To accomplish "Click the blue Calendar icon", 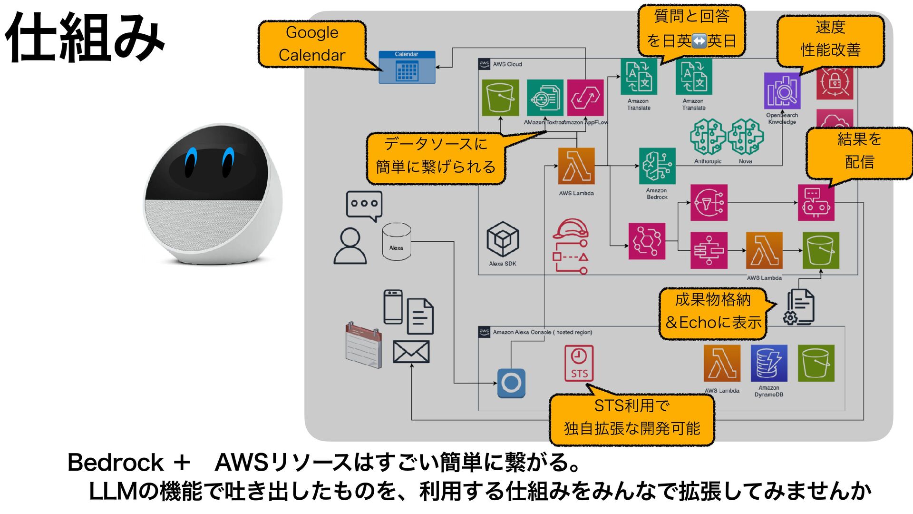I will [407, 68].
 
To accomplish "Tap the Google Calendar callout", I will [312, 44].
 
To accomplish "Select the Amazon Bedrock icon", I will [657, 166].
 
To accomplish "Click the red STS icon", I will [579, 363].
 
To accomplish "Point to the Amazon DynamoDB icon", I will [769, 363].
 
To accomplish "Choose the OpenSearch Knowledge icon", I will [782, 91].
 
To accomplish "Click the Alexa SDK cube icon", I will [503, 239].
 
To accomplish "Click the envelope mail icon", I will [411, 352].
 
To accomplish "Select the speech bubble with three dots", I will [364, 205].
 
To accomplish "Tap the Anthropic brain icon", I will [708, 137].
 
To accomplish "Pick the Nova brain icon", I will [746, 137].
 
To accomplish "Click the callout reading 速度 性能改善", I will [830, 39].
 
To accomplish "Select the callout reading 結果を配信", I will [859, 151].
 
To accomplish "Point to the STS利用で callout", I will [631, 417].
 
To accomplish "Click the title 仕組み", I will [85, 38].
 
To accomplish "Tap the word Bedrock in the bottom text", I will [116, 463].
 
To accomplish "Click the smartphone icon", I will [393, 307].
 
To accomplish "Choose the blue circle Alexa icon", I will [511, 383].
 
